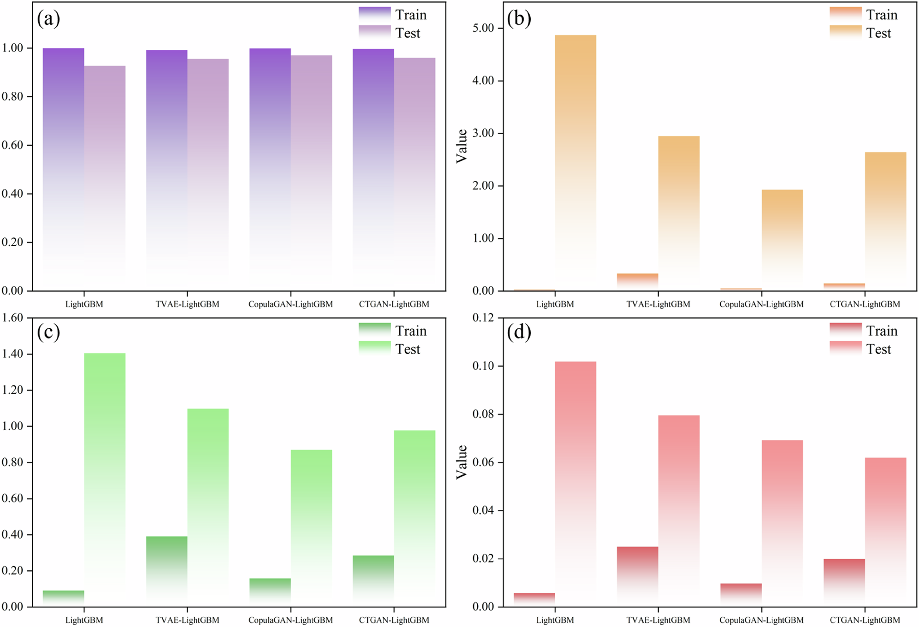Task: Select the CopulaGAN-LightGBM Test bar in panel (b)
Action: pos(782,240)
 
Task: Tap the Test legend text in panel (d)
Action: pos(878,349)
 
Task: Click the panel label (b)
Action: pos(519,18)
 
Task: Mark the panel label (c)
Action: pos(48,332)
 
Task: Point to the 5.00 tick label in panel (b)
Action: pos(483,28)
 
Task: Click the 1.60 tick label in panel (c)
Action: pos(12,318)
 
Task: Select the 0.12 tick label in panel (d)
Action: pos(483,318)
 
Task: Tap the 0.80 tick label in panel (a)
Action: pos(12,96)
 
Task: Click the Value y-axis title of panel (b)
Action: pos(462,146)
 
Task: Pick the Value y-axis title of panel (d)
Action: pos(462,462)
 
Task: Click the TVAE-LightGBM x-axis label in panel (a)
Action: pos(187,304)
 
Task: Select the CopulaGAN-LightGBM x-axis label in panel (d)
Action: pos(761,620)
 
